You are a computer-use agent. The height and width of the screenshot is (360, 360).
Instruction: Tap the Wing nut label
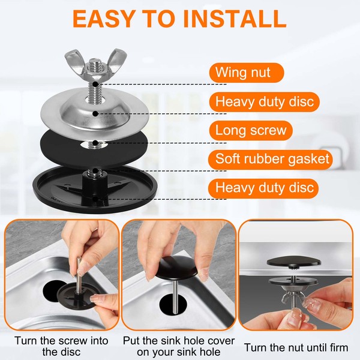(247, 73)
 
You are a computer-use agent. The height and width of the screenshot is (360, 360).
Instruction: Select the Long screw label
(251, 130)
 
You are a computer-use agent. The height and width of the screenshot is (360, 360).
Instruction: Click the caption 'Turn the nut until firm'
(296, 347)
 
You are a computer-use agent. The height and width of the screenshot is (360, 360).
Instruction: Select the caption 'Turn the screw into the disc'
(61, 346)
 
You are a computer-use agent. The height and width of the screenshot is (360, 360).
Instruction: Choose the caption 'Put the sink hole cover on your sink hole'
(179, 346)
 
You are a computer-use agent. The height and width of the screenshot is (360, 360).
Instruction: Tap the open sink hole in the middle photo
(175, 304)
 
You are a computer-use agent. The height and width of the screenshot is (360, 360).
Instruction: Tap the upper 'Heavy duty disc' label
(264, 102)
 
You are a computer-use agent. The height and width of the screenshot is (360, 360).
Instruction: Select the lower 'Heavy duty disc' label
(263, 188)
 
